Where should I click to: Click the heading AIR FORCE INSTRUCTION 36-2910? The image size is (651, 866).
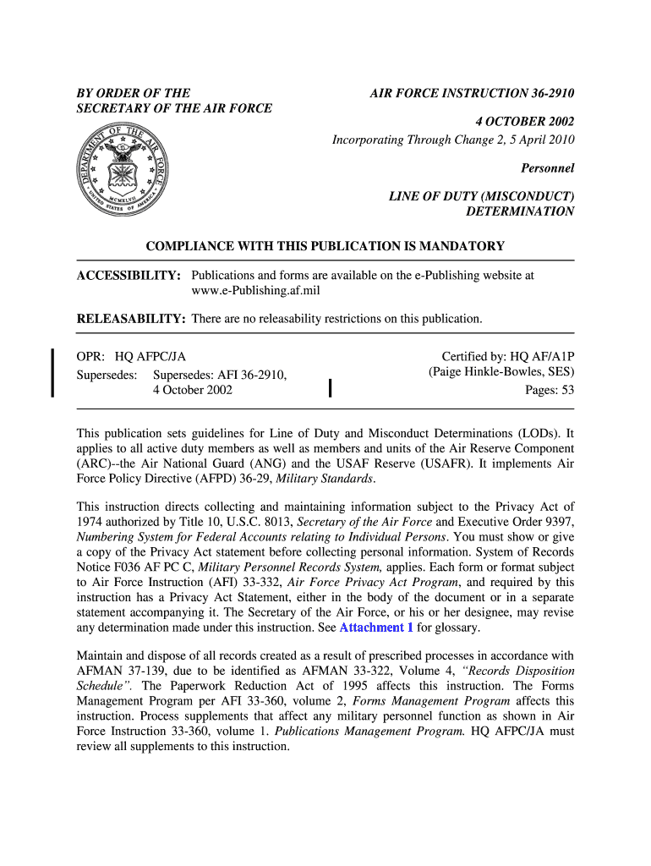pos(472,92)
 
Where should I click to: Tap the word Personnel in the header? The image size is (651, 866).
pos(549,168)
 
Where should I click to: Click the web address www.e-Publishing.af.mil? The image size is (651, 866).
pos(255,291)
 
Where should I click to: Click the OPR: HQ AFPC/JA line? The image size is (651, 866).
pos(131,358)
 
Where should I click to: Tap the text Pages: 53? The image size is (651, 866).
pos(550,390)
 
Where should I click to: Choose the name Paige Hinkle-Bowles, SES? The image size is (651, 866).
pos(501,373)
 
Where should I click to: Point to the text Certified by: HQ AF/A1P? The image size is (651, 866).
pos(508,357)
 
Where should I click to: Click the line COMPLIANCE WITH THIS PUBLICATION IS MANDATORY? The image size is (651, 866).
pos(325,246)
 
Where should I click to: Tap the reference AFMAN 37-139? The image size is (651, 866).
pos(115,671)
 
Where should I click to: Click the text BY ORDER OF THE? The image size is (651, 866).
pos(134,92)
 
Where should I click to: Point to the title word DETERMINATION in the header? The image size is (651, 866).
pos(520,211)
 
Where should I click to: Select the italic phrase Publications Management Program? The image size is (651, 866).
pos(370,732)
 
